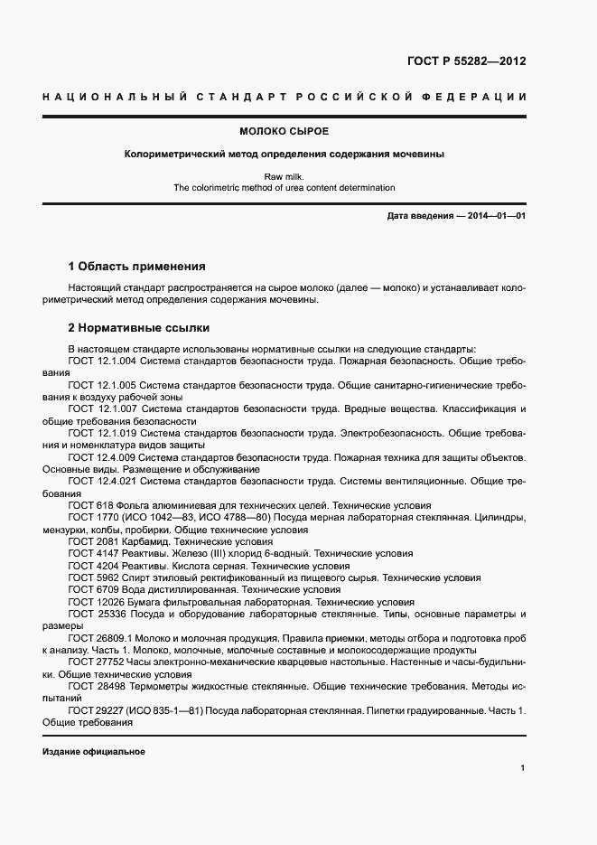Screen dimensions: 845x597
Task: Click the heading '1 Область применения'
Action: click(136, 267)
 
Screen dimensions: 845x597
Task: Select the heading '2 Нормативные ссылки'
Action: click(138, 328)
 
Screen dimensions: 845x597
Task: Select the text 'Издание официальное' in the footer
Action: click(93, 752)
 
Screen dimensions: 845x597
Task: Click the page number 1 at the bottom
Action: click(523, 768)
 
